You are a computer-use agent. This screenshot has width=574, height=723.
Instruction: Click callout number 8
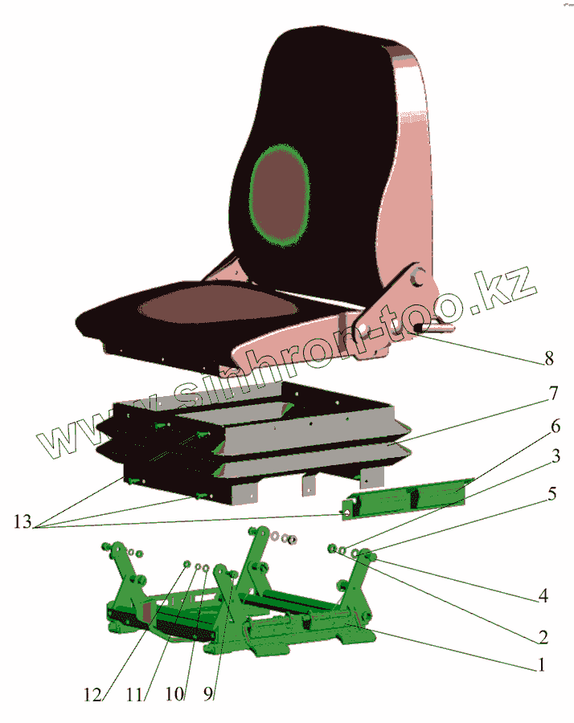(549, 359)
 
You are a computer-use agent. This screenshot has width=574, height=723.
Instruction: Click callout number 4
(544, 597)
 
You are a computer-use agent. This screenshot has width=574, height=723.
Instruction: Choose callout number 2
(544, 638)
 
